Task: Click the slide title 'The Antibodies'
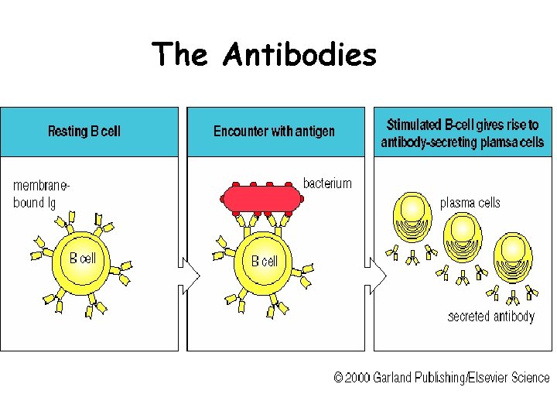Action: (x=265, y=55)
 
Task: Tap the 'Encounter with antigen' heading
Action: (x=274, y=131)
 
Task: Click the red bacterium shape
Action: (x=261, y=198)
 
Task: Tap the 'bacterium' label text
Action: (x=327, y=183)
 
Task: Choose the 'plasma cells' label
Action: (x=470, y=203)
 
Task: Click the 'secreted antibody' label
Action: (x=490, y=317)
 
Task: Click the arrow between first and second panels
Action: (x=190, y=276)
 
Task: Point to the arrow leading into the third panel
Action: (x=377, y=276)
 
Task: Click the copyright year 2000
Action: (x=357, y=378)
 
